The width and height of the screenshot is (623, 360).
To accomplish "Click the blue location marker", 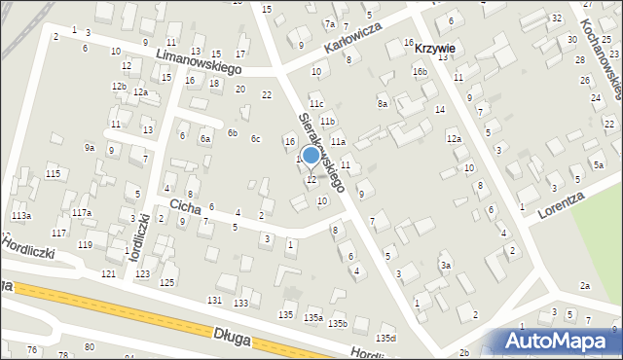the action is (x=311, y=155).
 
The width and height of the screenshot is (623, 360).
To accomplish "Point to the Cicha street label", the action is (x=185, y=206).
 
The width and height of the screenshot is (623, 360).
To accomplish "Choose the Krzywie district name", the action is (x=435, y=47).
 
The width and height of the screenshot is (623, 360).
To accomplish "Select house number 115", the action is (x=53, y=173).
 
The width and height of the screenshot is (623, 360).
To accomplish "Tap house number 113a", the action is (x=20, y=215).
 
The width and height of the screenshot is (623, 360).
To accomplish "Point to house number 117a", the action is (x=82, y=213).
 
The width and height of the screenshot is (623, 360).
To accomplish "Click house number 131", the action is (x=214, y=299).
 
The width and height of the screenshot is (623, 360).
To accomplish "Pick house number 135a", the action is (x=312, y=318).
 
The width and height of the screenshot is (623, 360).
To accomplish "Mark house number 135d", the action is (x=386, y=338).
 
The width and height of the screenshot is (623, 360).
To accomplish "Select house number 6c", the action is (x=255, y=139).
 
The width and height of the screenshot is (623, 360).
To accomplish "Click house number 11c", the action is (x=315, y=103).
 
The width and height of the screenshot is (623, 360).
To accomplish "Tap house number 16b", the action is (x=420, y=72).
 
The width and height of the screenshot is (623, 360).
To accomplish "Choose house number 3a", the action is (x=445, y=265).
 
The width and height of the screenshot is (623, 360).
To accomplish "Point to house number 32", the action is (x=557, y=18).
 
